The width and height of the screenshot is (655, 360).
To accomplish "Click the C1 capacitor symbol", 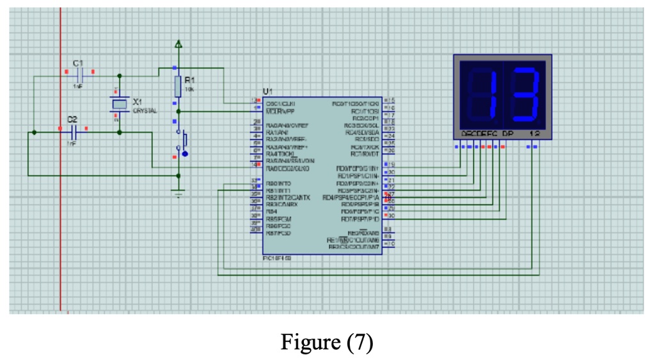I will (x=78, y=75).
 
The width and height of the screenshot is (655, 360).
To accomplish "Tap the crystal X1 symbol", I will (x=120, y=104).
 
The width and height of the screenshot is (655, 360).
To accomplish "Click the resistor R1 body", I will (x=178, y=85).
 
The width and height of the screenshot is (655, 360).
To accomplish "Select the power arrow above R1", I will (x=178, y=45).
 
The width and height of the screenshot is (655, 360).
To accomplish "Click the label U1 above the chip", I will (x=267, y=92).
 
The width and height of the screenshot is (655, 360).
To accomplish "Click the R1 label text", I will (x=189, y=80).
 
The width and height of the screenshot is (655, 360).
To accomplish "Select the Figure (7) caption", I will (x=327, y=342).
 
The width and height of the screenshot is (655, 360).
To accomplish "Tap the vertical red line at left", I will (x=60, y=224).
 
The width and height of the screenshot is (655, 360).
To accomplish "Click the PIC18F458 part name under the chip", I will (x=276, y=258).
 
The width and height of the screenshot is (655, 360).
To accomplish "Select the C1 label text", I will (x=78, y=63).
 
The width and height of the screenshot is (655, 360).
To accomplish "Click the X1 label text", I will (x=138, y=102).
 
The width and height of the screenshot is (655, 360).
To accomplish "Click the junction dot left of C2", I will (x=34, y=132).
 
